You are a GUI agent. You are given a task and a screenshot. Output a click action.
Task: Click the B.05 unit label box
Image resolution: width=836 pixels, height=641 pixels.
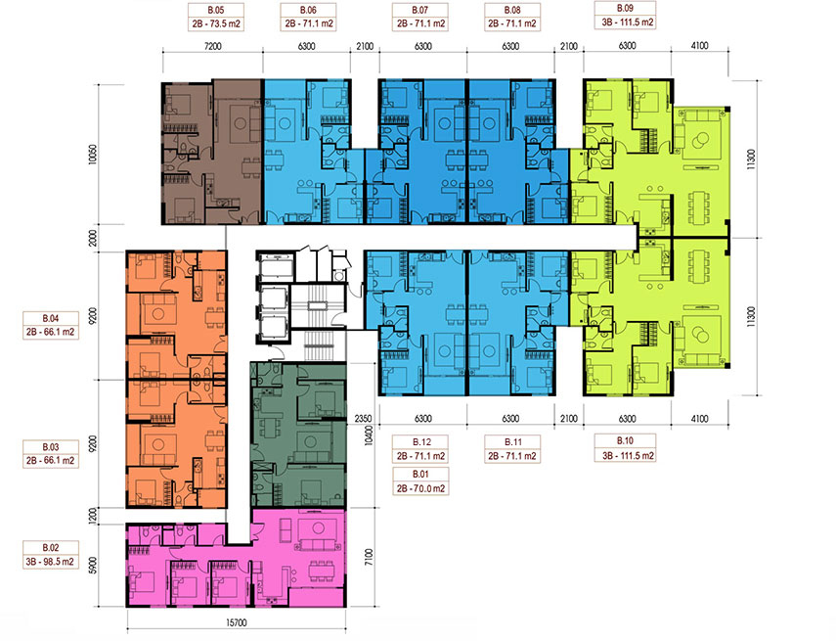tap(216, 17)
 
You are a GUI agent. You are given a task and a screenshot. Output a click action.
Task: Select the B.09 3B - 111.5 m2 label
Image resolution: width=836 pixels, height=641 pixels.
tap(625, 16)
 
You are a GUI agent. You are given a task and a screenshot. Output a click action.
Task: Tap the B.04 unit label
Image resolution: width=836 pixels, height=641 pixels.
tap(51, 325)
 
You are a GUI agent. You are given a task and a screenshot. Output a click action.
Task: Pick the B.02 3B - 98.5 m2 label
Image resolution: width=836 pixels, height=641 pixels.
tap(51, 555)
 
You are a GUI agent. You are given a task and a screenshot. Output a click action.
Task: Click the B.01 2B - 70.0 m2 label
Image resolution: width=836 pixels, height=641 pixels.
tap(420, 481)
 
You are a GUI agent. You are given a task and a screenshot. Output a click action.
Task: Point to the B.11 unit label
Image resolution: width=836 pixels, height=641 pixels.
tap(512, 449)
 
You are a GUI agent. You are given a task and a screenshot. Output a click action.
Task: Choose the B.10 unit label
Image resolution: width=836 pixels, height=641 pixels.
tap(625, 448)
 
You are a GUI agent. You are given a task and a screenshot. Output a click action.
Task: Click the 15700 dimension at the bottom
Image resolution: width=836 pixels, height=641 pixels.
tap(237, 622)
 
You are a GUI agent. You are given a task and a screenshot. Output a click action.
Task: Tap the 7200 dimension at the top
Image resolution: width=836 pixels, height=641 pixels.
tap(212, 46)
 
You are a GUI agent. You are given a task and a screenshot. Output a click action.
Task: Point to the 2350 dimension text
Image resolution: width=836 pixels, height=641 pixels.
tap(363, 419)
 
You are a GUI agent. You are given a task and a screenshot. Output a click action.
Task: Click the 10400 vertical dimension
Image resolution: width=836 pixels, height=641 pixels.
tap(369, 435)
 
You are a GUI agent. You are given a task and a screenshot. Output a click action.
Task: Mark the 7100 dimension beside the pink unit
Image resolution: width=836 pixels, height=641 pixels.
tap(369, 557)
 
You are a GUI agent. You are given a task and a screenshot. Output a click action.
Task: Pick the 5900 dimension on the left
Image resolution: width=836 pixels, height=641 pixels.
tap(93, 566)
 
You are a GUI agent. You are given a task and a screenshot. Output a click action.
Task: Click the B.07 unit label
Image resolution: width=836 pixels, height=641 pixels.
tap(420, 17)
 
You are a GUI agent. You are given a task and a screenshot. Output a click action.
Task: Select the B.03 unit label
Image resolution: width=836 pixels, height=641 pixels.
tap(51, 454)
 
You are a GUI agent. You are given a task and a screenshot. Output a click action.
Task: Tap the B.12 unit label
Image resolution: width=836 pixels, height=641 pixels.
tap(420, 449)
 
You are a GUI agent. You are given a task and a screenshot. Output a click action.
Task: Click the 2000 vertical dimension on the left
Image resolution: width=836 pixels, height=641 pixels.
tap(93, 238)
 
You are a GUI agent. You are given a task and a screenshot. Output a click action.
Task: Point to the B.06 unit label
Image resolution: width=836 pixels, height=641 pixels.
tap(308, 17)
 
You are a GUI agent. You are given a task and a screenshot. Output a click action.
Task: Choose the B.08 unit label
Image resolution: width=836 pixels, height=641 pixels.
tap(512, 17)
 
